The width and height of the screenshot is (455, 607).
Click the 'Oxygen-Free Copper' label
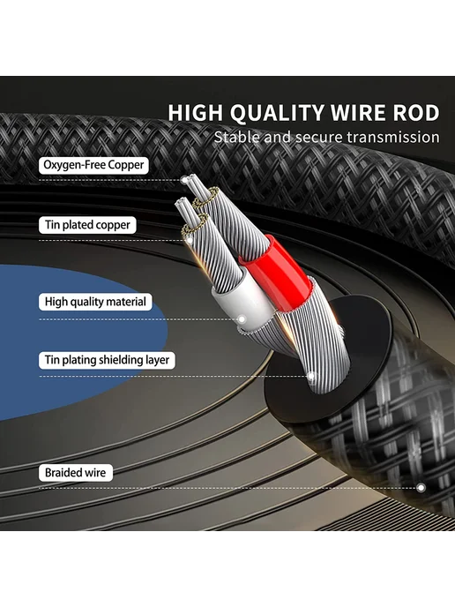(93, 165)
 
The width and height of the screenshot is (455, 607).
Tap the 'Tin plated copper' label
(87, 225)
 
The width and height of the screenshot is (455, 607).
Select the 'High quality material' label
(95, 302)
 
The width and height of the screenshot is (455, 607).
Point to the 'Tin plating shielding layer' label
(107, 360)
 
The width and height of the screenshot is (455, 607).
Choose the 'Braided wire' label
(76, 473)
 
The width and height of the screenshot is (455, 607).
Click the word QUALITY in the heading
(276, 113)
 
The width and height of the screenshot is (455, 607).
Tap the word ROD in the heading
(416, 113)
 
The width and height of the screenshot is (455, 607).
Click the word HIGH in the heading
(196, 113)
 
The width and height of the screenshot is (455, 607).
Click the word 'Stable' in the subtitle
(236, 138)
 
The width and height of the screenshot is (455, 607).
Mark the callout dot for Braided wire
(421, 488)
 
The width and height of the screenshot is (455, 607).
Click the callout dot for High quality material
(242, 319)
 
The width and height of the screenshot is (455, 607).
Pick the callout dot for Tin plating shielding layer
(310, 376)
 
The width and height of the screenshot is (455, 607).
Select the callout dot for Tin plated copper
(190, 240)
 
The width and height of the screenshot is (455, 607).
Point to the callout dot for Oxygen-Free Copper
(184, 180)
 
